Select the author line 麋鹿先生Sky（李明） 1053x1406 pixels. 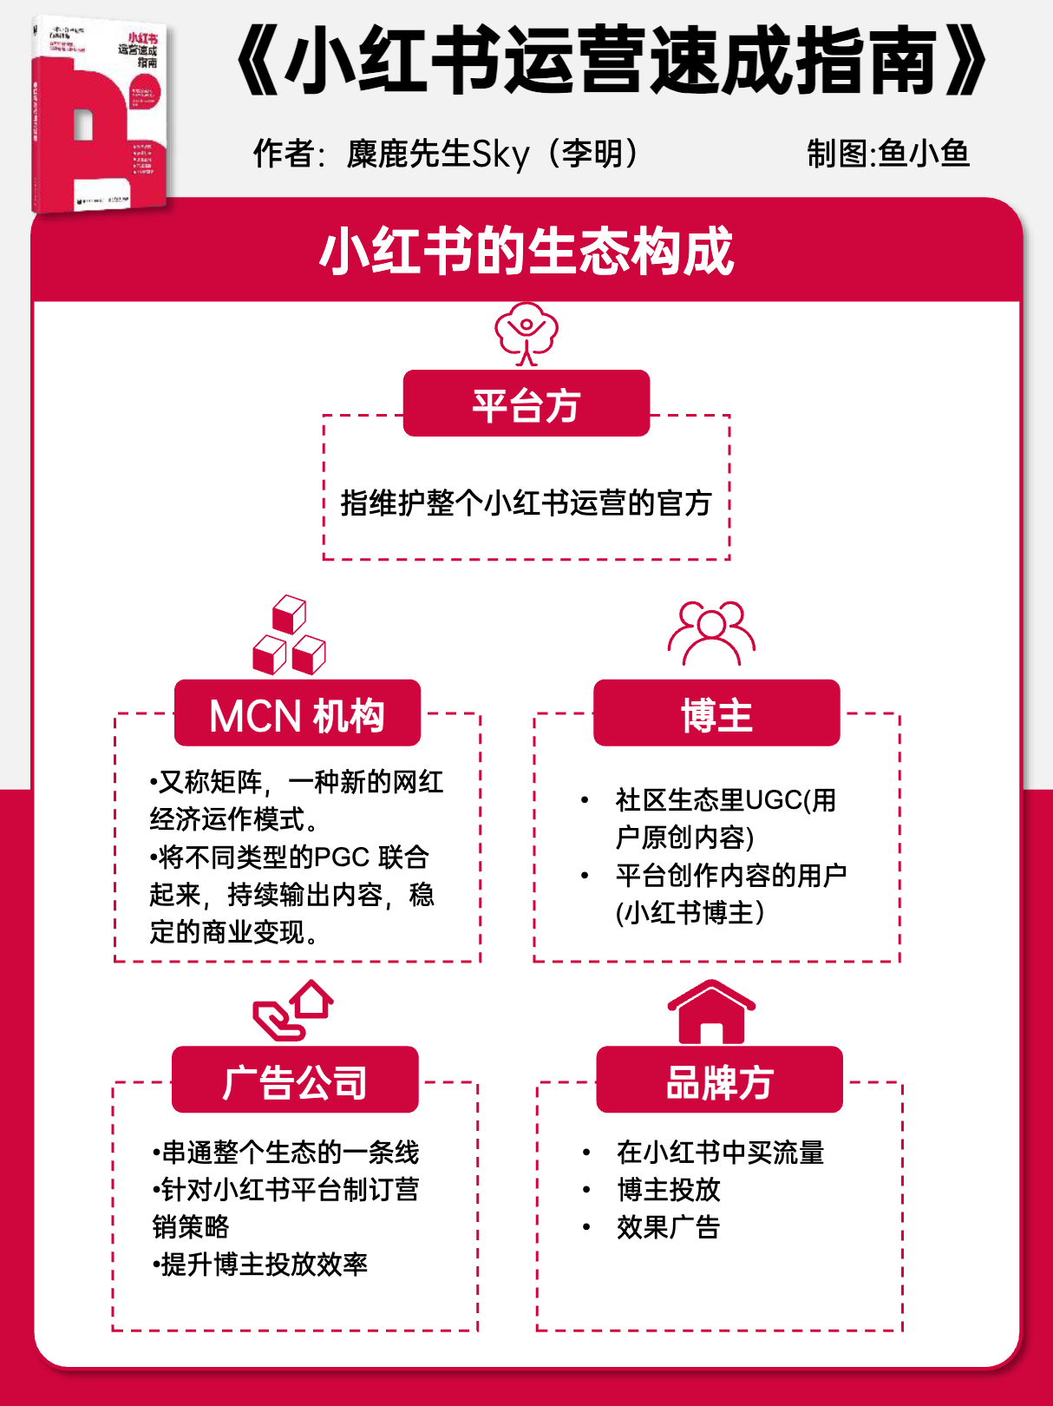pos(448,154)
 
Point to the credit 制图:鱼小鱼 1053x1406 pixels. pos(887,154)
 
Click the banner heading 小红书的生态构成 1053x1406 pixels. pos(526,252)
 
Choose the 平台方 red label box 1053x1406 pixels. pos(526,404)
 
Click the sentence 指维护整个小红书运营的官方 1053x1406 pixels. pos(526,503)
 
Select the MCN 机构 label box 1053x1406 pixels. pos(298,713)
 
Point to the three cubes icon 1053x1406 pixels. pos(289,635)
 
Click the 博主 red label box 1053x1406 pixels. pos(716,713)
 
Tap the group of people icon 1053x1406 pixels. pos(711,633)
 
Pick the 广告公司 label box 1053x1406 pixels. pos(295,1081)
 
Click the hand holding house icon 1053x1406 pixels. pos(293,1010)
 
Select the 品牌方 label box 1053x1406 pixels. pos(719,1081)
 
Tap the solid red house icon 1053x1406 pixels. pos(711,1012)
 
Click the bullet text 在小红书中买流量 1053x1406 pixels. pos(720,1153)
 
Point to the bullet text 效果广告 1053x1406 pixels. pos(668,1227)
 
